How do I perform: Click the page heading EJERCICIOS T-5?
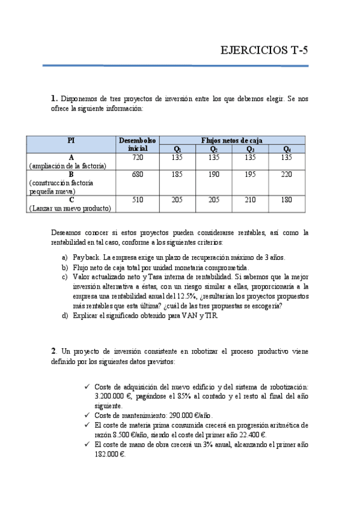pos(265,51)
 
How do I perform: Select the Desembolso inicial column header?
pos(138,144)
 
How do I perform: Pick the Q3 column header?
pos(250,149)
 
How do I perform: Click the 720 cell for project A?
pos(138,158)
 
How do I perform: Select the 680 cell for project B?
pos(138,174)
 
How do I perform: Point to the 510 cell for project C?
pos(138,200)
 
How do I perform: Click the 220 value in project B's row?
pos(287,174)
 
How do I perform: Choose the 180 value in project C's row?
pos(287,200)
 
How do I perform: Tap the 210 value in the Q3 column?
pos(250,200)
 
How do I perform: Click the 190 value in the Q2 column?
pos(213,174)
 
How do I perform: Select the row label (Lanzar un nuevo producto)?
pos(70,208)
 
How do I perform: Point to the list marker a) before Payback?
pos(64,257)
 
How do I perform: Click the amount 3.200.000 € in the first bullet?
pos(114,397)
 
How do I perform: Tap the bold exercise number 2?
pos(53,351)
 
